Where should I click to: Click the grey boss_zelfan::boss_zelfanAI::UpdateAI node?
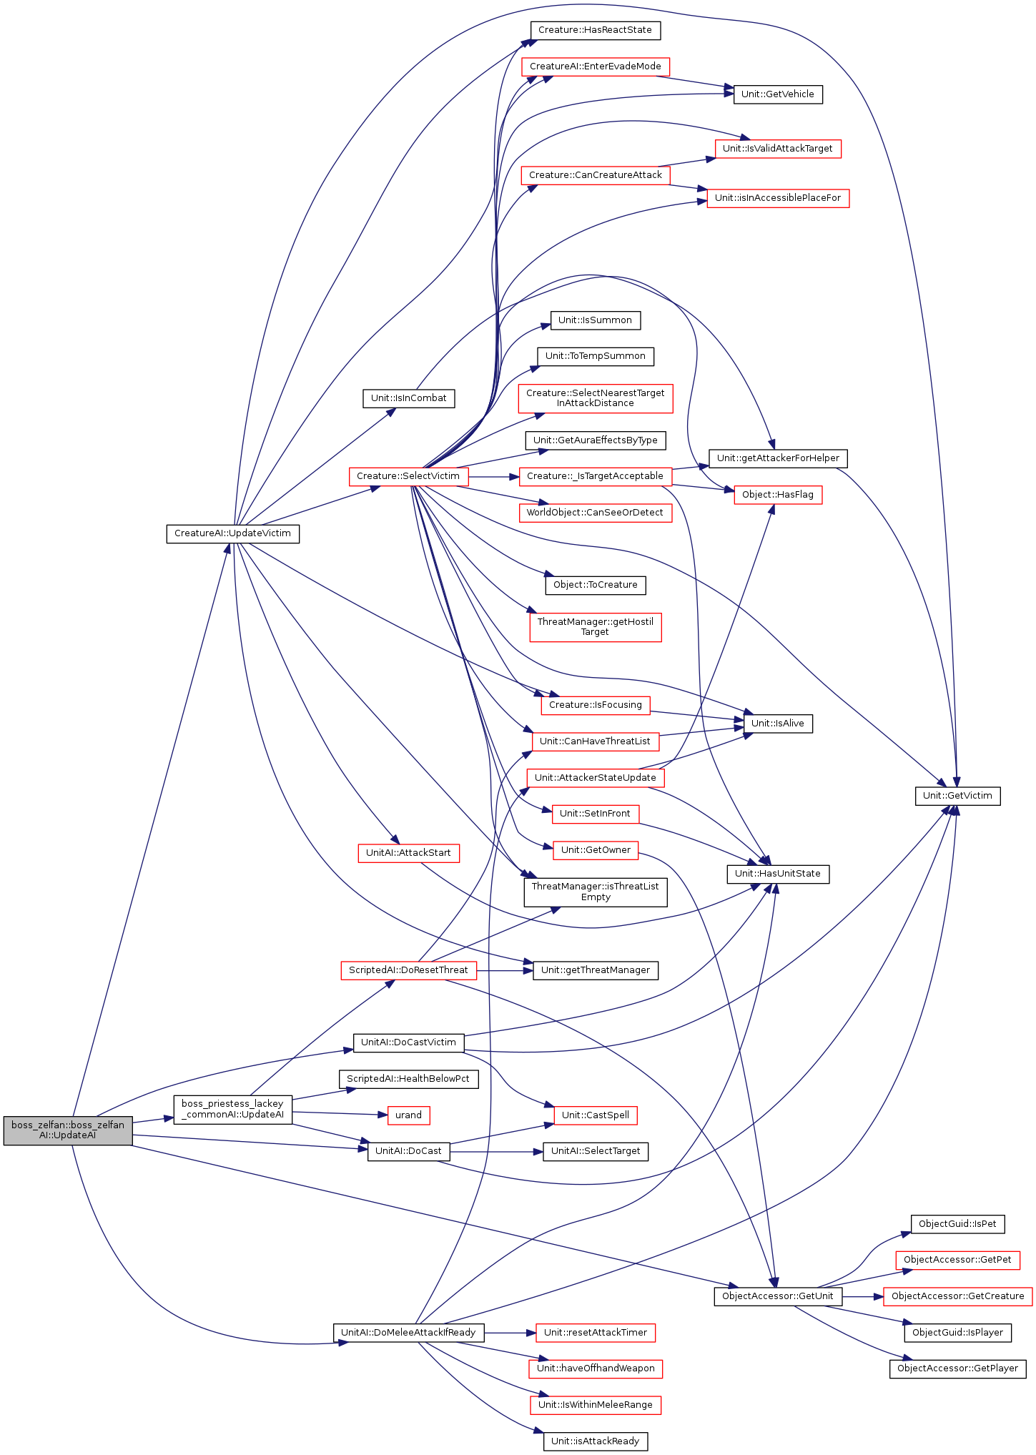pos(67,1130)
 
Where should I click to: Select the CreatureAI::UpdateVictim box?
pos(232,533)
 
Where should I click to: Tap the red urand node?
pos(408,1115)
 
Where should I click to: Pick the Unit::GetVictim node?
pos(957,796)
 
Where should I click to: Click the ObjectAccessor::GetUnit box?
pos(777,1296)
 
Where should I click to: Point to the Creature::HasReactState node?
pos(595,30)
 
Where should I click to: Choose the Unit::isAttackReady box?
pos(595,1441)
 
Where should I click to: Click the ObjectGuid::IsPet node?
pos(957,1223)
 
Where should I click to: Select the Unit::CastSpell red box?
pos(595,1115)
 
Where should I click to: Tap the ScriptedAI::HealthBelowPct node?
pos(408,1078)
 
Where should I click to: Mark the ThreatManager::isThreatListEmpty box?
pos(595,892)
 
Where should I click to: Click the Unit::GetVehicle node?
pos(777,94)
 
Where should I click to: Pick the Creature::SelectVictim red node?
pos(408,476)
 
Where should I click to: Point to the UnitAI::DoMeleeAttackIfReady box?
pos(408,1332)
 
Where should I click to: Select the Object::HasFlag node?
pos(777,494)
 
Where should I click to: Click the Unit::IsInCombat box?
pos(408,398)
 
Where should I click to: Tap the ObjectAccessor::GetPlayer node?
pos(957,1368)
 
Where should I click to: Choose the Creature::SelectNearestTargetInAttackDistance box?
pos(595,398)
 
